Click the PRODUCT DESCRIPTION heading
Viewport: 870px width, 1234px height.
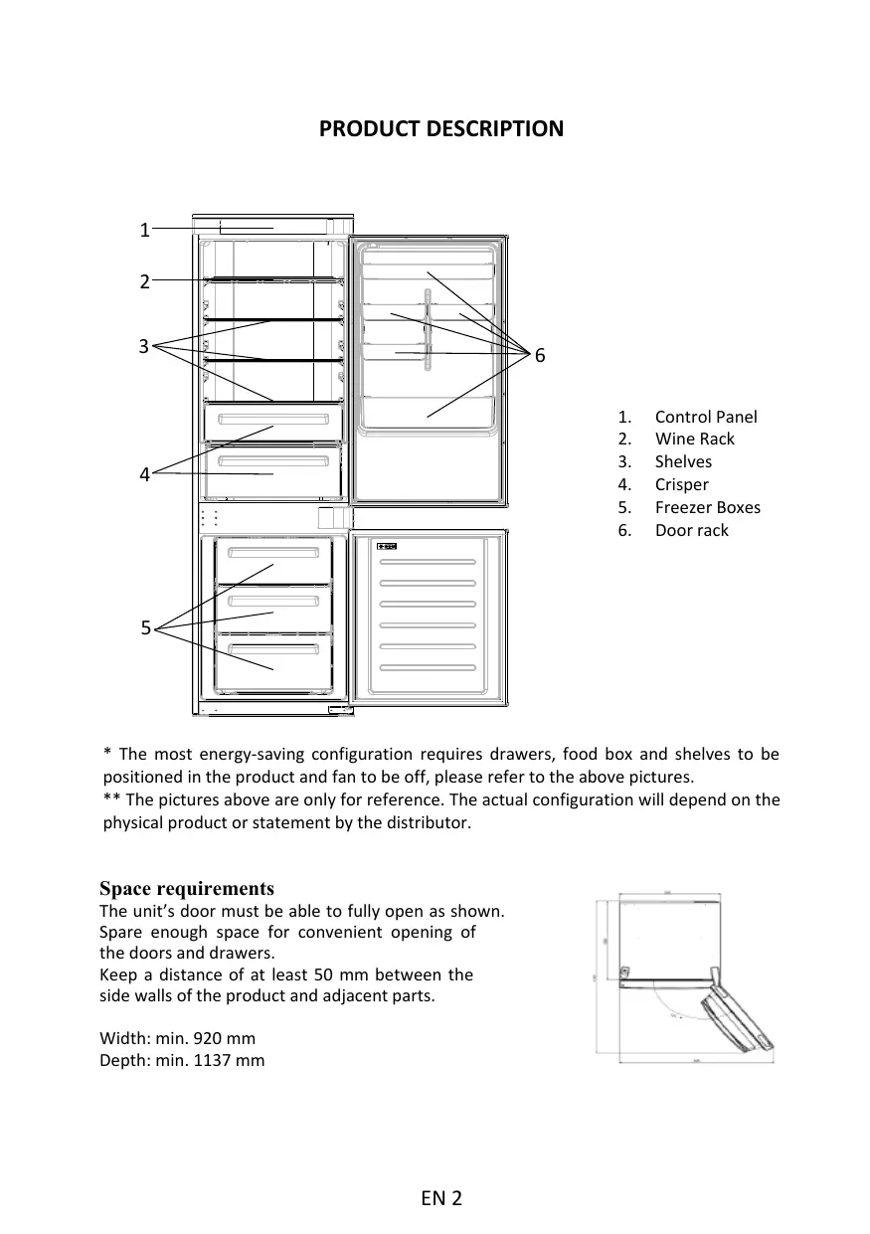coord(440,129)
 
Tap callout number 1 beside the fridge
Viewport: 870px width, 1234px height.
coord(144,231)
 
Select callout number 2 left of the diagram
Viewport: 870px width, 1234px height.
coord(144,282)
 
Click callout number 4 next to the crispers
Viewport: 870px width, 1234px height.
coord(144,475)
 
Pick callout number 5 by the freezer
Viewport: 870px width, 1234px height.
coord(145,628)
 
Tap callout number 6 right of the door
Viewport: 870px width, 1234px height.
coord(540,355)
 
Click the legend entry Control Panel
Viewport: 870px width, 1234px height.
coord(705,417)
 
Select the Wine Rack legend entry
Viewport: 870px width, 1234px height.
coord(694,440)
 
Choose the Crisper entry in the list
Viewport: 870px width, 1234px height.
coord(681,485)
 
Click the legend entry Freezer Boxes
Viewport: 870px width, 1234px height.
coord(707,508)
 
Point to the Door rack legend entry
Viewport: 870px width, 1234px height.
coord(691,531)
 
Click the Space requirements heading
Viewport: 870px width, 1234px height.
coord(187,888)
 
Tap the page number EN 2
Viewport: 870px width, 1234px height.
coord(440,1198)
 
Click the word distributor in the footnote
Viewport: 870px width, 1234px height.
coord(427,823)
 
